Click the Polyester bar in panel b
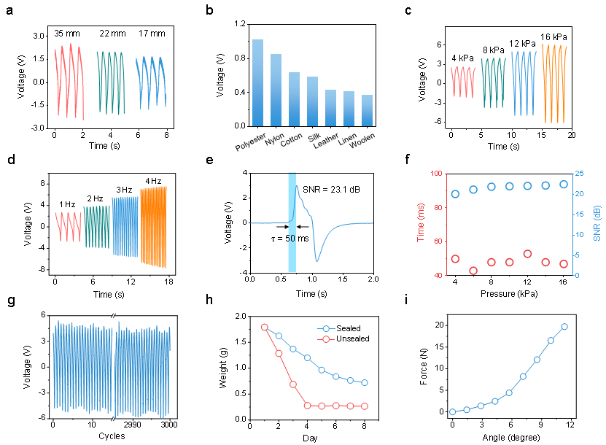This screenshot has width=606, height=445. (257, 83)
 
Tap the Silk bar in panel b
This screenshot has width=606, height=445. (312, 101)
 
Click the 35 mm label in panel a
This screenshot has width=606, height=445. (68, 34)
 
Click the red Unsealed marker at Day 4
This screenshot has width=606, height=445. (307, 406)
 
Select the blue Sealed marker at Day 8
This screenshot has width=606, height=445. (364, 382)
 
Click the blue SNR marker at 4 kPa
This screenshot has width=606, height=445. (455, 194)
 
